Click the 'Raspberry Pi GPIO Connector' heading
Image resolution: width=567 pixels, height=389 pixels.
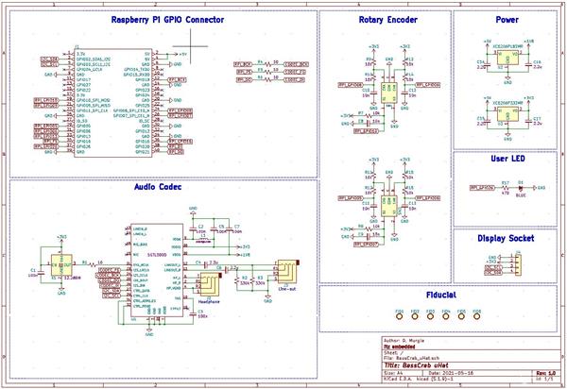click(167, 20)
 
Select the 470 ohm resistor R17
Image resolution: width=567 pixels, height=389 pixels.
click(506, 188)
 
